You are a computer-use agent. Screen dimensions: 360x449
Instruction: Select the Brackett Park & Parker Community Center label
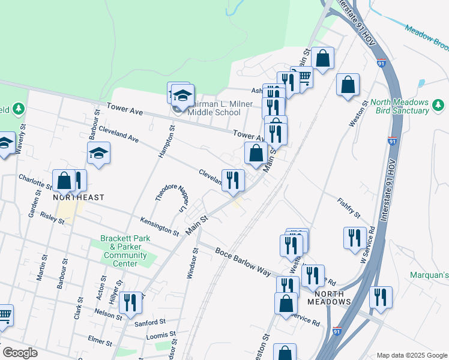pyautogui.click(x=125, y=251)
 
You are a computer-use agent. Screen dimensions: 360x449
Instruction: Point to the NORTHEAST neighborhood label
pyautogui.click(x=79, y=197)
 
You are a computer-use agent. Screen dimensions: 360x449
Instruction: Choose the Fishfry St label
pyautogui.click(x=349, y=208)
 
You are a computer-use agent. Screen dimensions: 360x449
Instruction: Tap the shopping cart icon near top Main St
pyautogui.click(x=304, y=77)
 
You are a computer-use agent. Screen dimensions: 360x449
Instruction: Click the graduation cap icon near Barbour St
pyautogui.click(x=98, y=154)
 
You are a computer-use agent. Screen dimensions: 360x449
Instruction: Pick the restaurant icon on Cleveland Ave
pyautogui.click(x=233, y=179)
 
